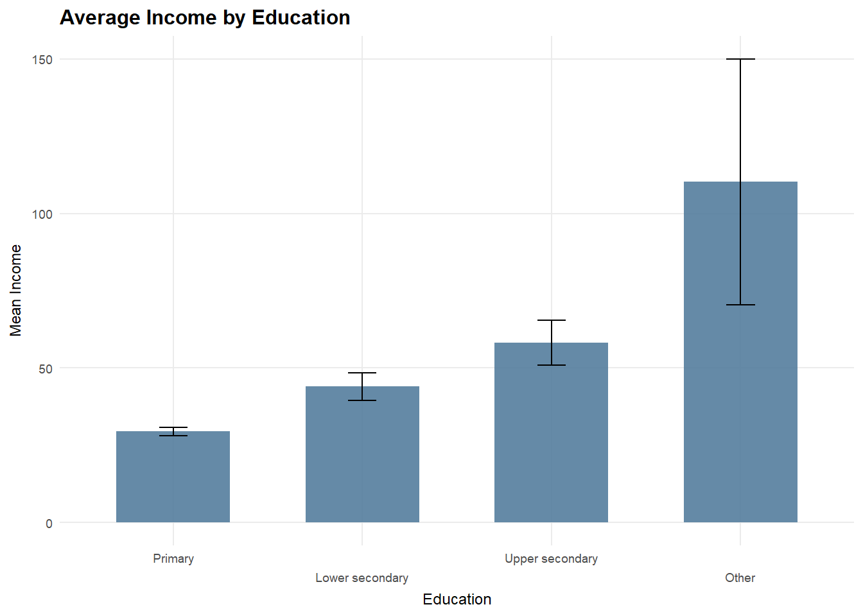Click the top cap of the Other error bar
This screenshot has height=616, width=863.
pyautogui.click(x=740, y=59)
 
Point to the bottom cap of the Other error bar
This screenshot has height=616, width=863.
pyautogui.click(x=740, y=305)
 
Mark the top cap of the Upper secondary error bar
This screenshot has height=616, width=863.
pyautogui.click(x=551, y=320)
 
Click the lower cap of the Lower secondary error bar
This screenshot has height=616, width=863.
pyautogui.click(x=362, y=400)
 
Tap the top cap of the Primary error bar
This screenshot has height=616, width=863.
pyautogui.click(x=173, y=427)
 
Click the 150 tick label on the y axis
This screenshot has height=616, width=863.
pyautogui.click(x=42, y=60)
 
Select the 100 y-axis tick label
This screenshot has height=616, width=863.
pyautogui.click(x=42, y=214)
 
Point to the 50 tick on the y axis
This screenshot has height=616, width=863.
pyautogui.click(x=45, y=369)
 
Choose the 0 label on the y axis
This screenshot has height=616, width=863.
pyautogui.click(x=49, y=524)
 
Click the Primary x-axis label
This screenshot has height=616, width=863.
pyautogui.click(x=173, y=559)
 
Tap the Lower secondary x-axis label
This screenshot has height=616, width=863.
pyautogui.click(x=362, y=578)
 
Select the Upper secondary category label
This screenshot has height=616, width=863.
pyautogui.click(x=551, y=559)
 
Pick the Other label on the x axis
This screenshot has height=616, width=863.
pyautogui.click(x=740, y=578)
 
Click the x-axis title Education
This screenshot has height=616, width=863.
pyautogui.click(x=457, y=599)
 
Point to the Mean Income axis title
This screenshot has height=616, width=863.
pyautogui.click(x=16, y=290)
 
